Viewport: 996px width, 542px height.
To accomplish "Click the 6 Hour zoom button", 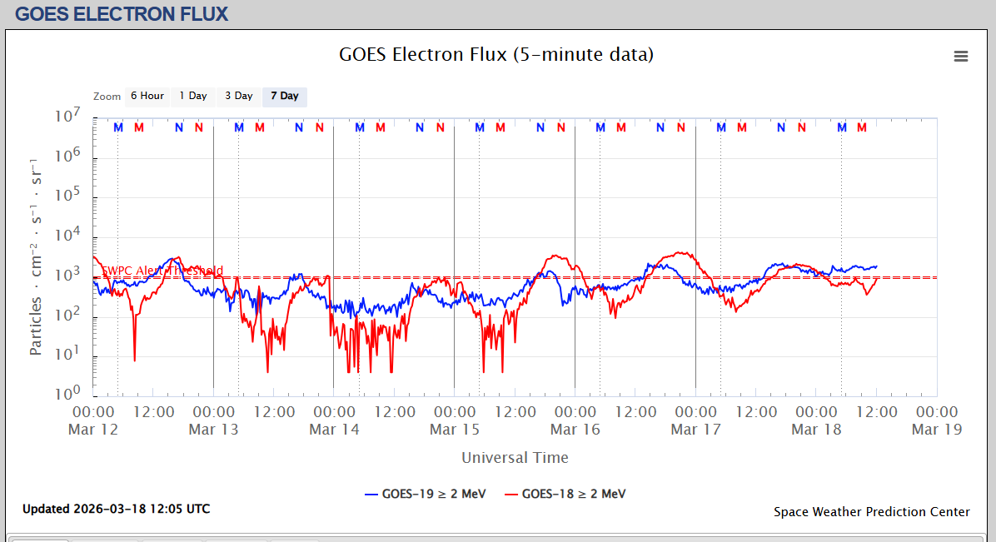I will [x=147, y=96].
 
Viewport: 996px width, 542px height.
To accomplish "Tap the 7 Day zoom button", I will [x=285, y=96].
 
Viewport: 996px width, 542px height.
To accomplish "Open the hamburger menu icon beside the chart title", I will [x=961, y=56].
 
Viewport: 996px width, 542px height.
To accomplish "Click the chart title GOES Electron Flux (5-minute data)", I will [x=496, y=55].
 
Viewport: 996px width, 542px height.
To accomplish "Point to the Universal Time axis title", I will [x=515, y=457].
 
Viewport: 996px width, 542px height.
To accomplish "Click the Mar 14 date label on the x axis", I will [x=334, y=430].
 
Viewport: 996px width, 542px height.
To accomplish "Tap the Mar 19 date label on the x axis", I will [x=937, y=430].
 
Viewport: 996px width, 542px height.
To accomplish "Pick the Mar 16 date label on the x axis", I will [x=575, y=430].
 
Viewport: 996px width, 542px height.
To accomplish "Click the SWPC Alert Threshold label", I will [x=162, y=271].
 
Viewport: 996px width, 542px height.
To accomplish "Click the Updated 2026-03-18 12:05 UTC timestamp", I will [x=116, y=509].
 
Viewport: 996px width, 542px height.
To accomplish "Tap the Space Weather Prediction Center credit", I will [x=871, y=512].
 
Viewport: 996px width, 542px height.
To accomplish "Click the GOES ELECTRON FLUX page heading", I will [x=122, y=13].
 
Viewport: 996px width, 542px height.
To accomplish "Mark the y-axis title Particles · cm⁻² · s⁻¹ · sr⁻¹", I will [x=36, y=256].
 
